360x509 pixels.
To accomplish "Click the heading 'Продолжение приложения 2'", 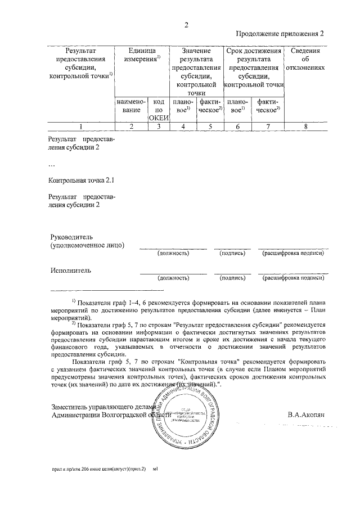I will click(x=280, y=34).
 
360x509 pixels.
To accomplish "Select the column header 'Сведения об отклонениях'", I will click(x=305, y=59).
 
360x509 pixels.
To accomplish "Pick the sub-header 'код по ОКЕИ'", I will click(x=158, y=110).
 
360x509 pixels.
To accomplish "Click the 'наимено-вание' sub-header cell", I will click(x=131, y=106).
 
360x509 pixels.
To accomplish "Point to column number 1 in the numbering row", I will click(x=81, y=127).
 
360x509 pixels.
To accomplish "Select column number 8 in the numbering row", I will click(x=305, y=127).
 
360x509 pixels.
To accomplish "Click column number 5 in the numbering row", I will click(x=210, y=127).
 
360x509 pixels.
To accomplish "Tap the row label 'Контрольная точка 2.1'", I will click(x=82, y=181).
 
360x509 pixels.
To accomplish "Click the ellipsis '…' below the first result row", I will click(x=52, y=165).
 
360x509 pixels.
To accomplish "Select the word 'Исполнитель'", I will click(x=71, y=270).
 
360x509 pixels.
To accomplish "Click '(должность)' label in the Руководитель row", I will click(x=173, y=254).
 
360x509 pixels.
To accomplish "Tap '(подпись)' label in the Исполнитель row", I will click(x=232, y=277).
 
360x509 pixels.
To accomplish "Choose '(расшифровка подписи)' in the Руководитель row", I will click(x=292, y=254).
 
